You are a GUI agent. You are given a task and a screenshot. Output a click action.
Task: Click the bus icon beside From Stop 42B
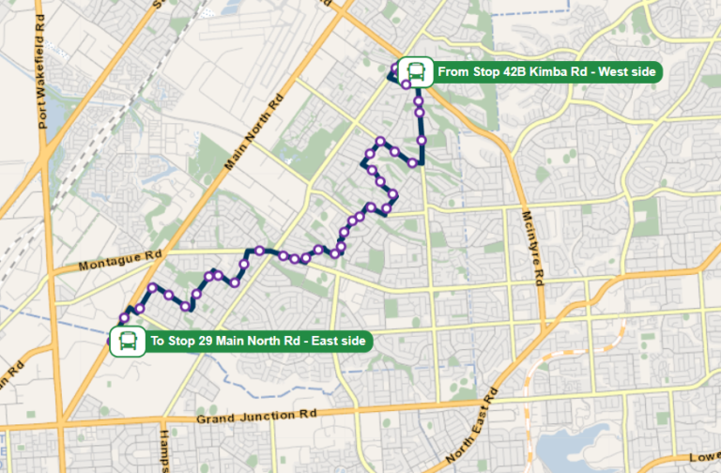(x=415, y=71)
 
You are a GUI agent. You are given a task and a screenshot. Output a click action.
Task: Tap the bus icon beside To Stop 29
(x=126, y=341)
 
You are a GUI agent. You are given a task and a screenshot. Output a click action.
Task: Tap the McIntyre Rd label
(x=533, y=248)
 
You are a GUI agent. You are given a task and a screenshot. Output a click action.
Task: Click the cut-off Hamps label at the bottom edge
(x=164, y=450)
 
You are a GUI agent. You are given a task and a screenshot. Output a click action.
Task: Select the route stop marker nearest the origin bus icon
(x=407, y=84)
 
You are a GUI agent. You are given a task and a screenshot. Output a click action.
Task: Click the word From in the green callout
(x=452, y=71)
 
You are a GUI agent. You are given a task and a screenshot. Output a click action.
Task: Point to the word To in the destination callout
(x=157, y=341)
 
